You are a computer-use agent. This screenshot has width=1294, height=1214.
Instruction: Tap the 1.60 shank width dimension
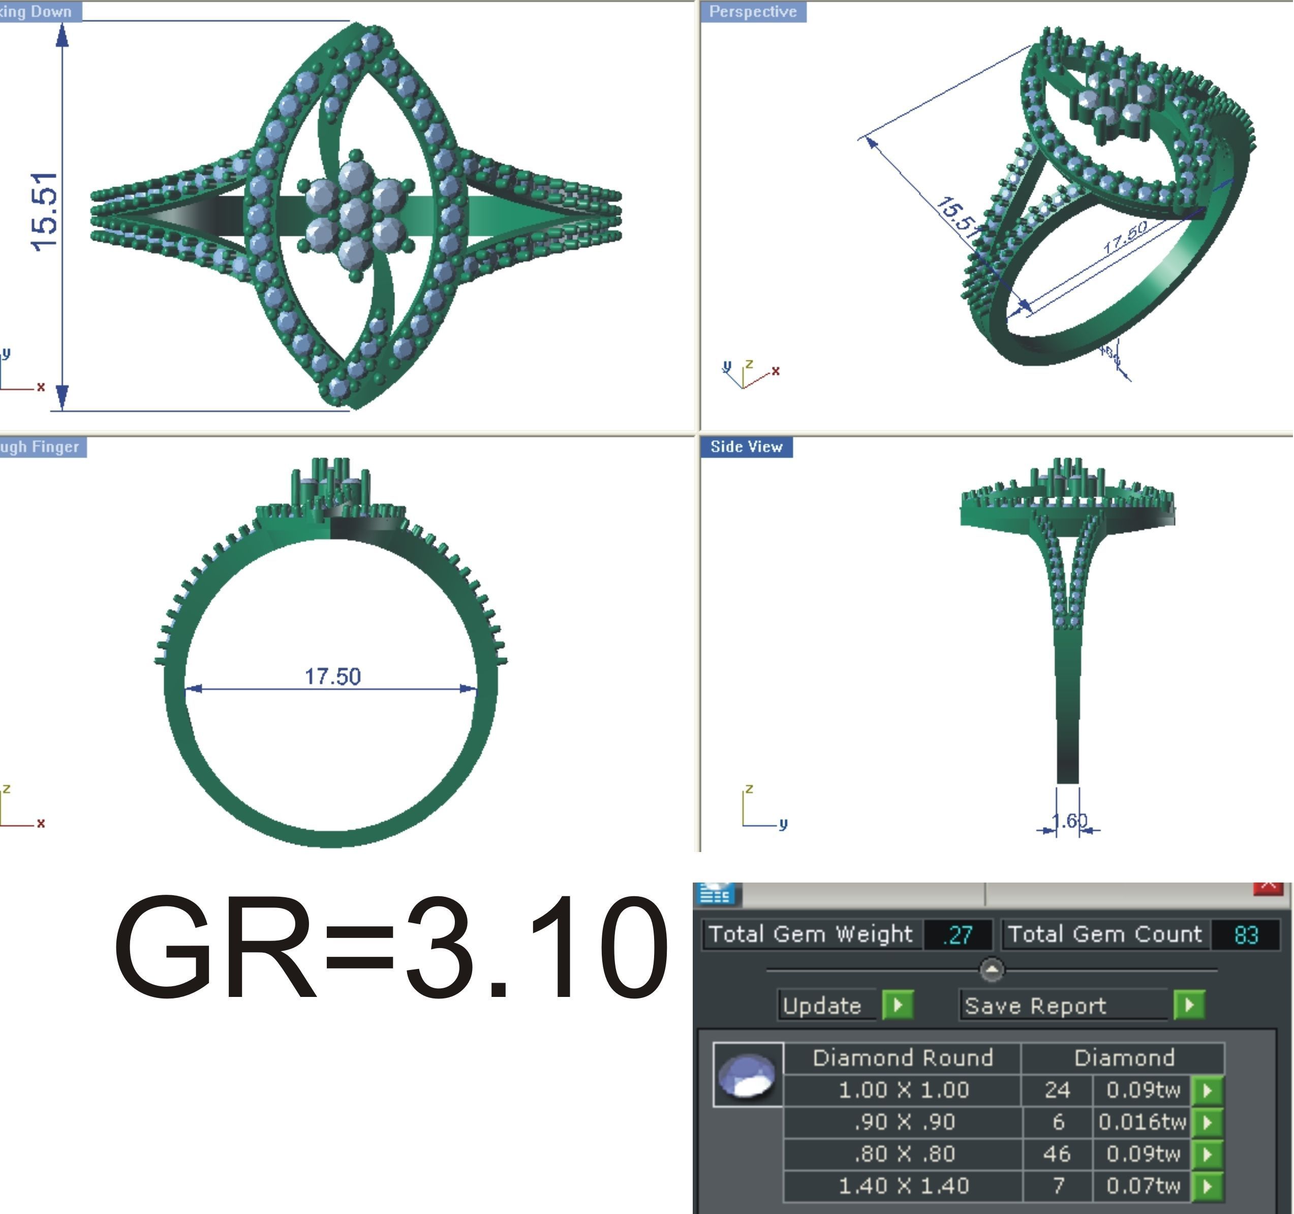point(1069,821)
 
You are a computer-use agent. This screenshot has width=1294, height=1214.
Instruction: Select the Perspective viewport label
point(753,12)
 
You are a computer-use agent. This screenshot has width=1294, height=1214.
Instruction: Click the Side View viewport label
point(747,446)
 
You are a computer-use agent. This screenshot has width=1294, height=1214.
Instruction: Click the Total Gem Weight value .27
point(958,935)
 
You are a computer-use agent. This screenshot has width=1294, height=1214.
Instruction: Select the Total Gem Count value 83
point(1245,935)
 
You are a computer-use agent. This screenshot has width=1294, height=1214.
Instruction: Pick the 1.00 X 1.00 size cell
point(903,1089)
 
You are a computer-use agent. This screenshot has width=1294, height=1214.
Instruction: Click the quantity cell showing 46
point(1057,1154)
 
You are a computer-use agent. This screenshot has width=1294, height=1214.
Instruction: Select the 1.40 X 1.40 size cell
point(903,1186)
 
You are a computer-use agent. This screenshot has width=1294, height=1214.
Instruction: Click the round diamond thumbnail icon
point(749,1075)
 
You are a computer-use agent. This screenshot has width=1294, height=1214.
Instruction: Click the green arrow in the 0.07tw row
point(1207,1186)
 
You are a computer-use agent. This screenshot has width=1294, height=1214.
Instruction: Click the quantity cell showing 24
point(1057,1089)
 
